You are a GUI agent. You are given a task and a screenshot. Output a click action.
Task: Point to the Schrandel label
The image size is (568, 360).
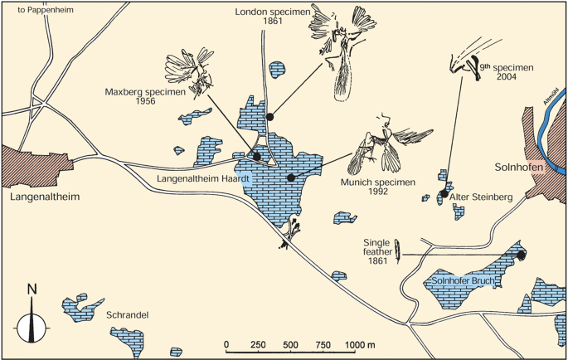tap(128, 315)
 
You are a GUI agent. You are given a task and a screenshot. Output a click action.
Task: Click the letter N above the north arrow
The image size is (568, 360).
tap(32, 289)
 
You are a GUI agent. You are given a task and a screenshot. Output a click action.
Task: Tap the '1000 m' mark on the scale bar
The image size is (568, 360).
tap(358, 343)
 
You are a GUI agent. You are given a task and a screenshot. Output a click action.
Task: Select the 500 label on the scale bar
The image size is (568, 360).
tap(291, 343)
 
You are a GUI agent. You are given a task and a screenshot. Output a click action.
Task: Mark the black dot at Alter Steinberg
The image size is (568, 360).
tap(444, 195)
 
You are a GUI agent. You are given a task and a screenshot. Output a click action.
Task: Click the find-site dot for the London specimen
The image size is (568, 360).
tap(269, 118)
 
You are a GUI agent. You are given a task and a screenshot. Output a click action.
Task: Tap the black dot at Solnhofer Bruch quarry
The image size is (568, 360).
tap(521, 255)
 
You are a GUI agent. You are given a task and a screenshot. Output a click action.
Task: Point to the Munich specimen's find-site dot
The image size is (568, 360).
tap(290, 178)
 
